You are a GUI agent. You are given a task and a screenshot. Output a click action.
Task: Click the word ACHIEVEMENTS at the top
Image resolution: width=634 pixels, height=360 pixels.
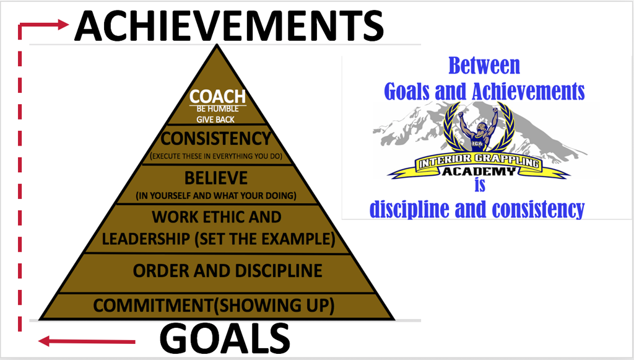pos(229,25)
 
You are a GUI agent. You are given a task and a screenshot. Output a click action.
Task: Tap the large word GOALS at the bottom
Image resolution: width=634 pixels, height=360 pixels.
pos(225,340)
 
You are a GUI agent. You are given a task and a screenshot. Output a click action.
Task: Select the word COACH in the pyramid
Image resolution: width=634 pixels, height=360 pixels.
pos(217,97)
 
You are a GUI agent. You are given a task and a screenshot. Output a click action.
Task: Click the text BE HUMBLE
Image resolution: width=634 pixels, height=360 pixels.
pos(217,109)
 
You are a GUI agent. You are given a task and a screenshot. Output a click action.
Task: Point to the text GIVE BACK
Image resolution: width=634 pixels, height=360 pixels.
pos(216,119)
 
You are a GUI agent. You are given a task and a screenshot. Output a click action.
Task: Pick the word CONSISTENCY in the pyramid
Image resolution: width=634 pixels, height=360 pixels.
pos(215,138)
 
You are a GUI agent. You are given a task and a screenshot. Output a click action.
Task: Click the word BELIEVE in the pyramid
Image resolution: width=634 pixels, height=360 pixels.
pos(216,178)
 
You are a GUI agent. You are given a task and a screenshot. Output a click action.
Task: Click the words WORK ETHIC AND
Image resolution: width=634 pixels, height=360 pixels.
pos(217,217)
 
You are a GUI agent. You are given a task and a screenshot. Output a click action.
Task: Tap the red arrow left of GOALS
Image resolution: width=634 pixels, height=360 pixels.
pos(87,341)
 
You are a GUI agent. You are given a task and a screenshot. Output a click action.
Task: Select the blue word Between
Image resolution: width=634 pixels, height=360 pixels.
pos(484,66)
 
